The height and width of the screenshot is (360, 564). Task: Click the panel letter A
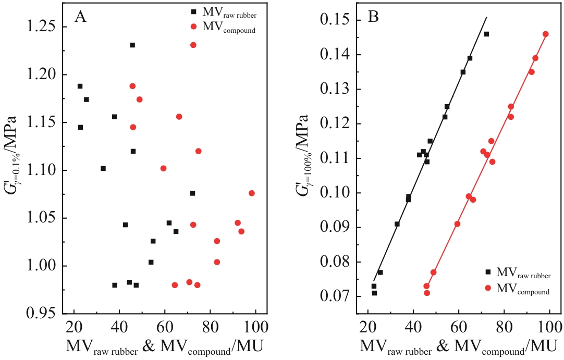pyautogui.click(x=81, y=17)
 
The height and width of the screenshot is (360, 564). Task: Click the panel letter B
pyautogui.click(x=374, y=17)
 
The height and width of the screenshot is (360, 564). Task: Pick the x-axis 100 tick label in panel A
pyautogui.click(x=255, y=328)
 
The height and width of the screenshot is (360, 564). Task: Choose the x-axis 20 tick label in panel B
pyautogui.click(x=368, y=328)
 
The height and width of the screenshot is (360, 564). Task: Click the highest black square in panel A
pyautogui.click(x=132, y=45)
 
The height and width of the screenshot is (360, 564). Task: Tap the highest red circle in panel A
pyautogui.click(x=193, y=45)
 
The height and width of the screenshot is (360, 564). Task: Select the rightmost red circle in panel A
pyautogui.click(x=252, y=193)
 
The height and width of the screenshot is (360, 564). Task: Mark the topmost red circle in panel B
pyautogui.click(x=546, y=34)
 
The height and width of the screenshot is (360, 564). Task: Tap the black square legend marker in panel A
pyautogui.click(x=193, y=11)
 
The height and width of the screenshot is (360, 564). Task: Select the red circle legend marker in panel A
pyautogui.click(x=193, y=26)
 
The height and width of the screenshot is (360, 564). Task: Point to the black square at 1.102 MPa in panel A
pyautogui.click(x=103, y=168)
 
